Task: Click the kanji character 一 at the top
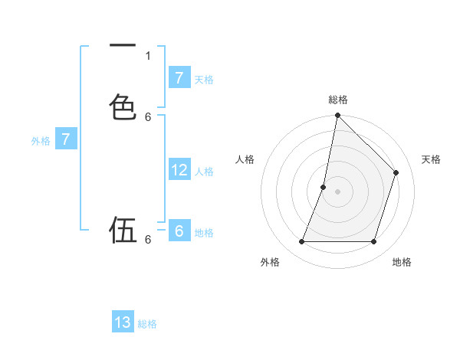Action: [x=123, y=47]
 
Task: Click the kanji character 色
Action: [x=123, y=106]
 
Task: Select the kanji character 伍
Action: [x=123, y=230]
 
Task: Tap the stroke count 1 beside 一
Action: [x=148, y=56]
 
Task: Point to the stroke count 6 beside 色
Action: [x=148, y=116]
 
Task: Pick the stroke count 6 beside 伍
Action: [x=148, y=240]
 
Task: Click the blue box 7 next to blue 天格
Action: [x=179, y=78]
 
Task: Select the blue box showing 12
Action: [x=179, y=170]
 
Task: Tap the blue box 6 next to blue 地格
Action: [x=179, y=231]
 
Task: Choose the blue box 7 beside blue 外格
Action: [x=66, y=139]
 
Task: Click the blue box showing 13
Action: [x=123, y=322]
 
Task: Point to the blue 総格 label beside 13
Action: [x=147, y=324]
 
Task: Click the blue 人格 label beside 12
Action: [x=204, y=172]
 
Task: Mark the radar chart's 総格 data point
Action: [x=337, y=115]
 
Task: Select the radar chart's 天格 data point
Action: [x=396, y=172]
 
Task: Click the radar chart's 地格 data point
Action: [x=374, y=242]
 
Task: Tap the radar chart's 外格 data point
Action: [x=301, y=242]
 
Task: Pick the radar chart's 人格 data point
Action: [x=324, y=187]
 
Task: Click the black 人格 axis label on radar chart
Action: [x=245, y=159]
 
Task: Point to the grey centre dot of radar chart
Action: [x=337, y=191]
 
